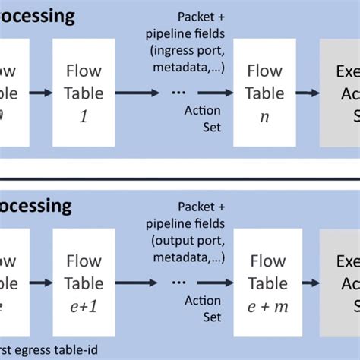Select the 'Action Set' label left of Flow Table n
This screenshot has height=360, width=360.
[203, 118]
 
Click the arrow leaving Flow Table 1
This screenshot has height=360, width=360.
[135, 93]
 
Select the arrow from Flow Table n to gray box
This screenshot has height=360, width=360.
[308, 93]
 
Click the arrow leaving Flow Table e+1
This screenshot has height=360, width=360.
[135, 283]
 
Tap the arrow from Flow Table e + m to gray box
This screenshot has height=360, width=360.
[308, 283]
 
